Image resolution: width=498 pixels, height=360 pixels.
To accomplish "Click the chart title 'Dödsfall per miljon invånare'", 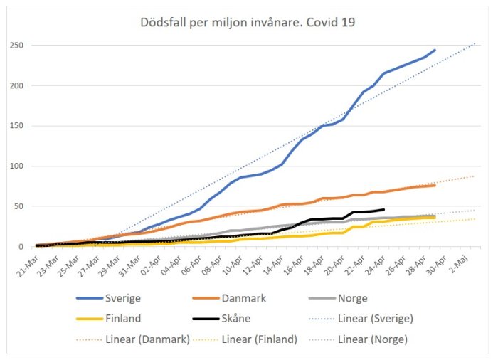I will pos(248,22).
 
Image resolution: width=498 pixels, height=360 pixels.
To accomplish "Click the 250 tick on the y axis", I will pos(23,46).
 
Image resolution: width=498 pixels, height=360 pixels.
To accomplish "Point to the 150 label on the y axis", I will pos(23,126).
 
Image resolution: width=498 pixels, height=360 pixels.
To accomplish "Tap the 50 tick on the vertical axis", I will pos(26,206).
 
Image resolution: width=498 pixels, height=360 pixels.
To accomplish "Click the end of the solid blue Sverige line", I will pos(435,50).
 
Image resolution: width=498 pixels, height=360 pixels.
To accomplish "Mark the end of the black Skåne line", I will pos(383,209).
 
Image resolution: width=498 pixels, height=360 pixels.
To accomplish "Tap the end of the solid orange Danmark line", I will pos(435,185).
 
